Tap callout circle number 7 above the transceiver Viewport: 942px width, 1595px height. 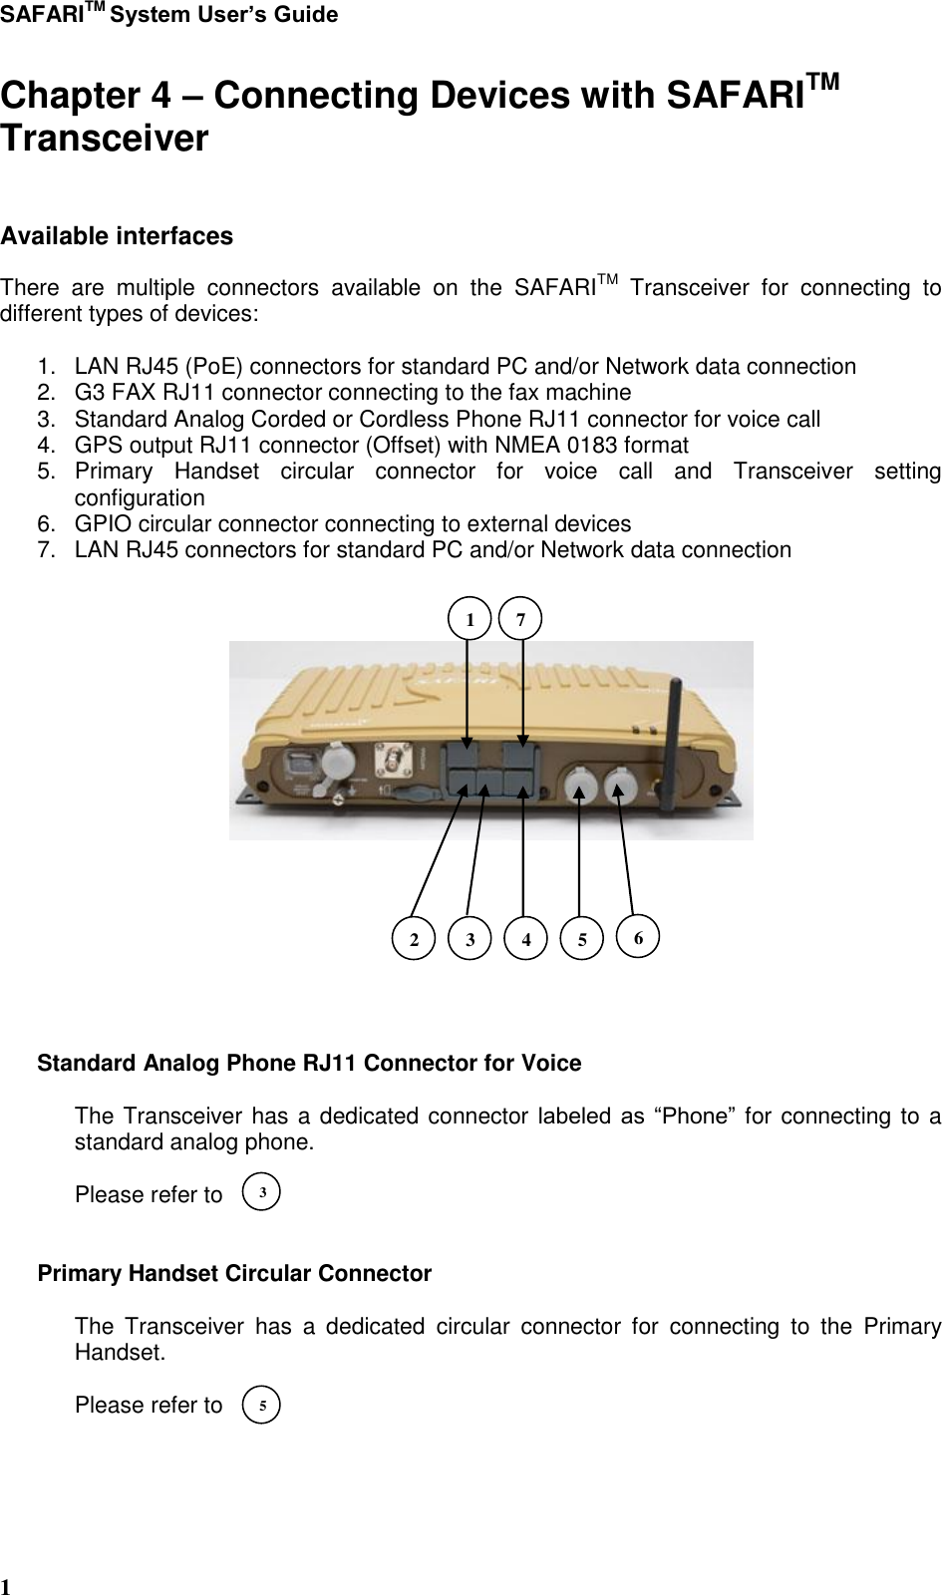(x=520, y=619)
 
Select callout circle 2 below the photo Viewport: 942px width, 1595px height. (x=414, y=938)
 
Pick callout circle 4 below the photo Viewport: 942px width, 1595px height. (x=525, y=938)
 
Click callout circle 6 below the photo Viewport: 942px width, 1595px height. (x=638, y=937)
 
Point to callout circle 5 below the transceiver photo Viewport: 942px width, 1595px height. (x=582, y=938)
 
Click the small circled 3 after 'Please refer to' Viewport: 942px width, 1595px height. (x=261, y=1192)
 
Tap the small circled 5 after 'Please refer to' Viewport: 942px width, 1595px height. (x=261, y=1404)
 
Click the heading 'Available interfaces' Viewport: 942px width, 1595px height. (x=117, y=236)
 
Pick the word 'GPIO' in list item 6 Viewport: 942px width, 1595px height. (x=101, y=524)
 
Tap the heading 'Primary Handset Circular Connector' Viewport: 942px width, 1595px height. (x=234, y=1274)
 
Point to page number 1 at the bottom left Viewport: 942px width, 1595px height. (x=6, y=1586)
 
